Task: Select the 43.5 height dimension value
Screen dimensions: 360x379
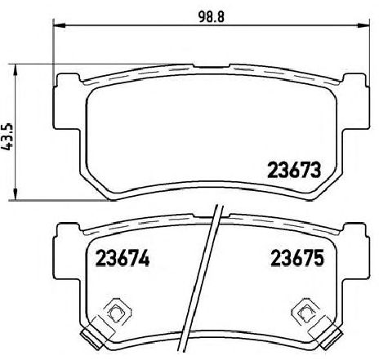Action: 11,131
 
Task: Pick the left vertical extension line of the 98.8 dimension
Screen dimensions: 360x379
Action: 54,49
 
